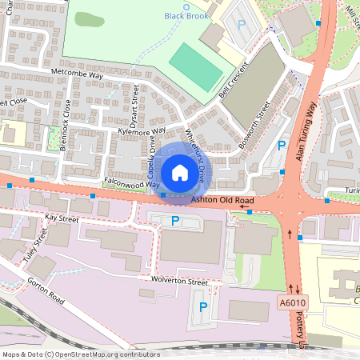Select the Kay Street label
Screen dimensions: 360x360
[62, 218]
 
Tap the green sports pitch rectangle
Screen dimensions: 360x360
[196, 67]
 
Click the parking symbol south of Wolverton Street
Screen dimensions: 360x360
[203, 307]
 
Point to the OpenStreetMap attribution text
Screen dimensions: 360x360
[81, 354]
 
